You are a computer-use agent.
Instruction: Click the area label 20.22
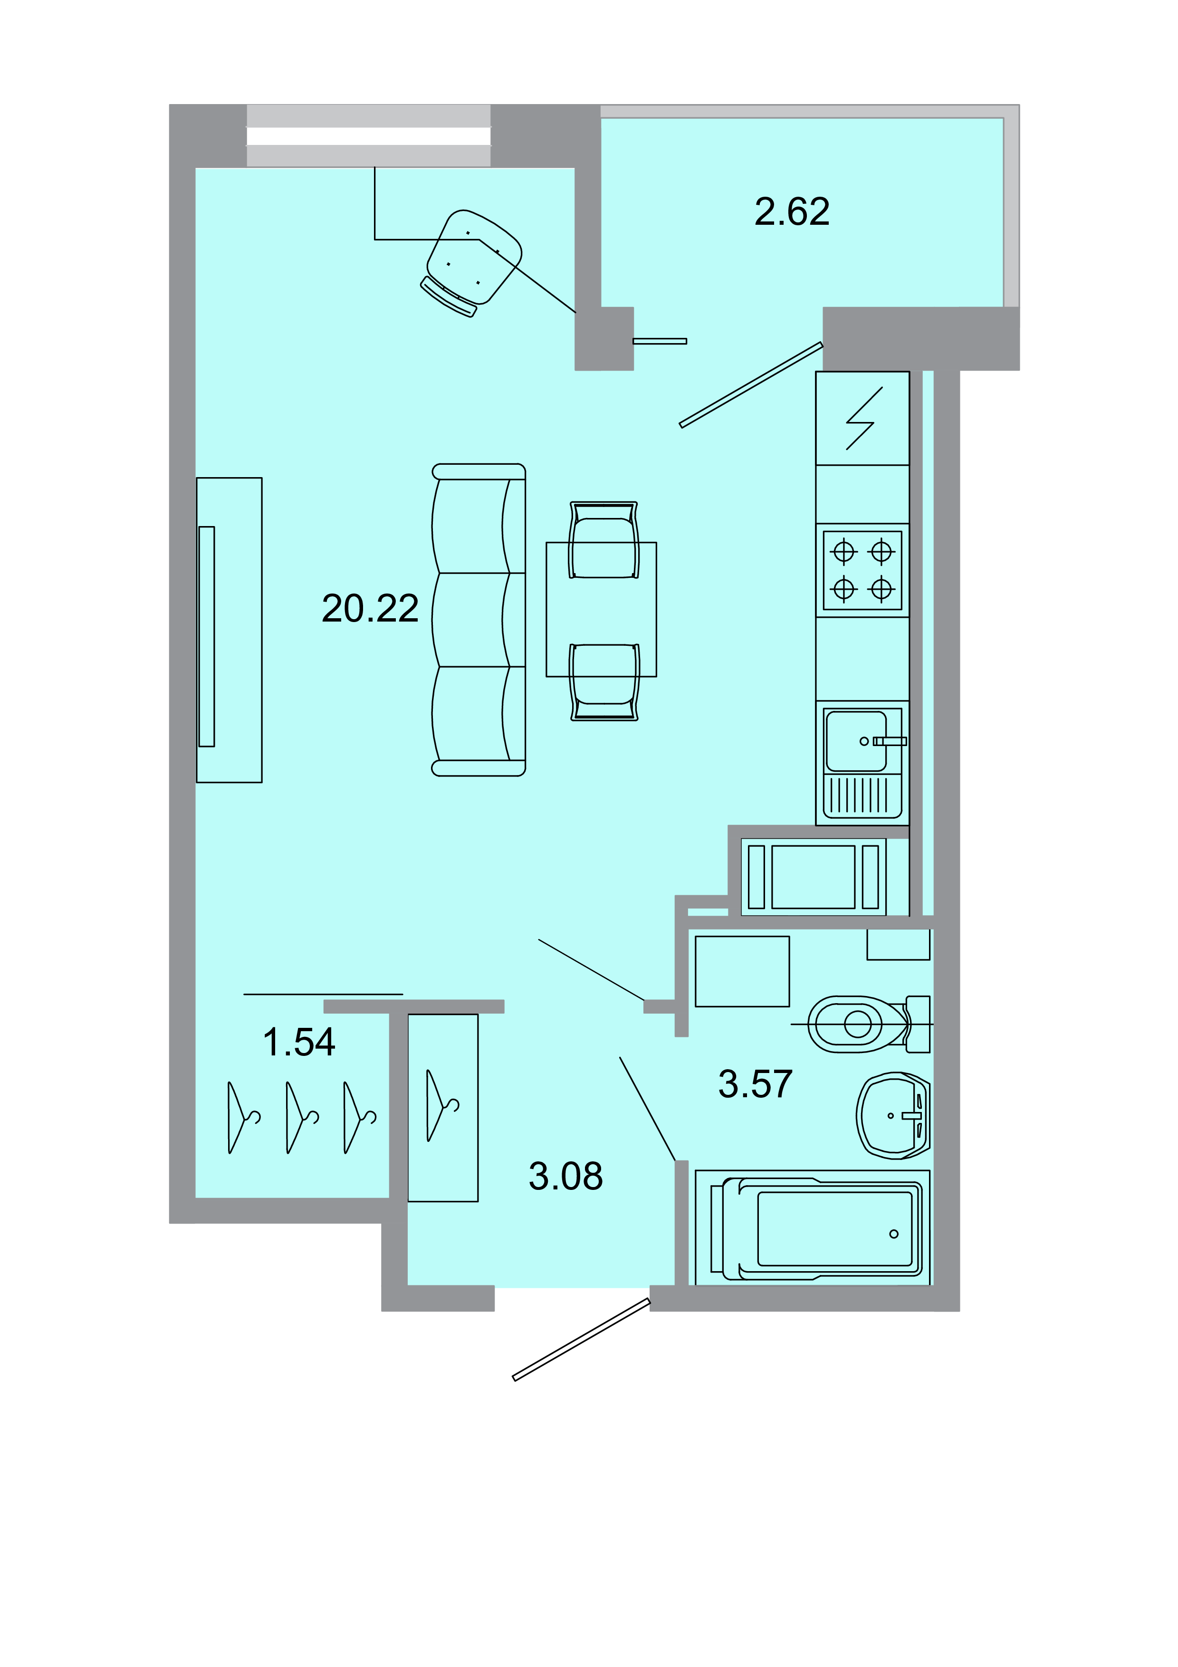(370, 608)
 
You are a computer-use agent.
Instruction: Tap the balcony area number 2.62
(791, 212)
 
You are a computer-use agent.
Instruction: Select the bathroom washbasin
(891, 1115)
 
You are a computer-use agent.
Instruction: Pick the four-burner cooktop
(862, 571)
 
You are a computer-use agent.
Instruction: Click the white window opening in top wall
(369, 136)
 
